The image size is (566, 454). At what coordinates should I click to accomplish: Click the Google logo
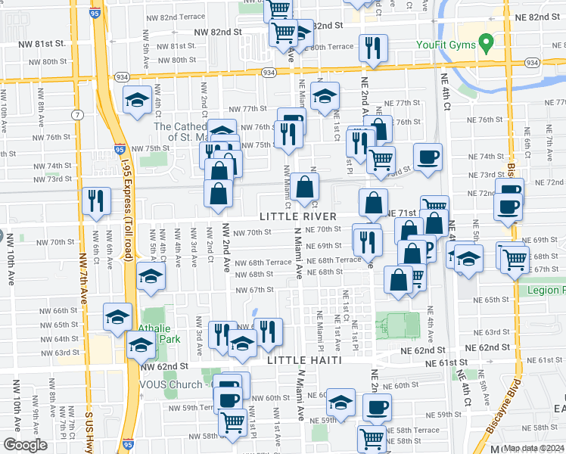[x=25, y=445]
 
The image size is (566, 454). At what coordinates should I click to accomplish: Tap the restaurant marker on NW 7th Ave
[x=95, y=201]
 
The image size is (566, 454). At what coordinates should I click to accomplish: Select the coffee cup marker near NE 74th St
[x=428, y=157]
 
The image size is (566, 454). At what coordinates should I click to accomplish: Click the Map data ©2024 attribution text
[x=533, y=448]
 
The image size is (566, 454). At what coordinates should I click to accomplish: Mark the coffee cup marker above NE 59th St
[x=377, y=408]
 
